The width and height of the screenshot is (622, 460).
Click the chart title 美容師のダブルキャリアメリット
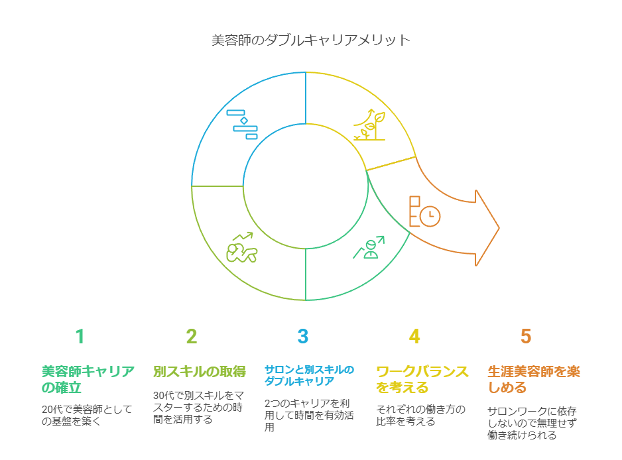[310, 40]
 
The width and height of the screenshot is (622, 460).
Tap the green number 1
[80, 336]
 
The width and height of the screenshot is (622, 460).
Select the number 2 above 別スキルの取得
[192, 336]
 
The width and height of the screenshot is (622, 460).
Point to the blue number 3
[303, 336]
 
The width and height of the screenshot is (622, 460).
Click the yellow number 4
[414, 336]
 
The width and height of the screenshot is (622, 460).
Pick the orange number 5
[526, 336]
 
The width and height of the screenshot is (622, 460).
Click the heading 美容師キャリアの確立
[88, 379]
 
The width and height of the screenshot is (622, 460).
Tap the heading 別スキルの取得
[200, 372]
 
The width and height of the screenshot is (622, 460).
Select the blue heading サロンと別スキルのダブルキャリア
[309, 375]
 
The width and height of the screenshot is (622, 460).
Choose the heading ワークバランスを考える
[422, 379]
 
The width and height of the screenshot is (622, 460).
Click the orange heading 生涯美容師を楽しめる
[534, 379]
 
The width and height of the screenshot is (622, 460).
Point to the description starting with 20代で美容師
[87, 415]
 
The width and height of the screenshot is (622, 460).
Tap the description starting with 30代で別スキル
[198, 407]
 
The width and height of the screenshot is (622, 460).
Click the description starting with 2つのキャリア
[309, 415]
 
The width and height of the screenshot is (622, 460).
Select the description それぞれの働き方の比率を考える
[420, 415]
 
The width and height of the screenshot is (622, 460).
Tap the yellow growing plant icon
[370, 124]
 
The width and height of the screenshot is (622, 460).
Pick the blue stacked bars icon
[242, 125]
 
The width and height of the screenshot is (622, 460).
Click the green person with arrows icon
[369, 247]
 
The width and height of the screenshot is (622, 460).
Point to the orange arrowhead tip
[499, 228]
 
